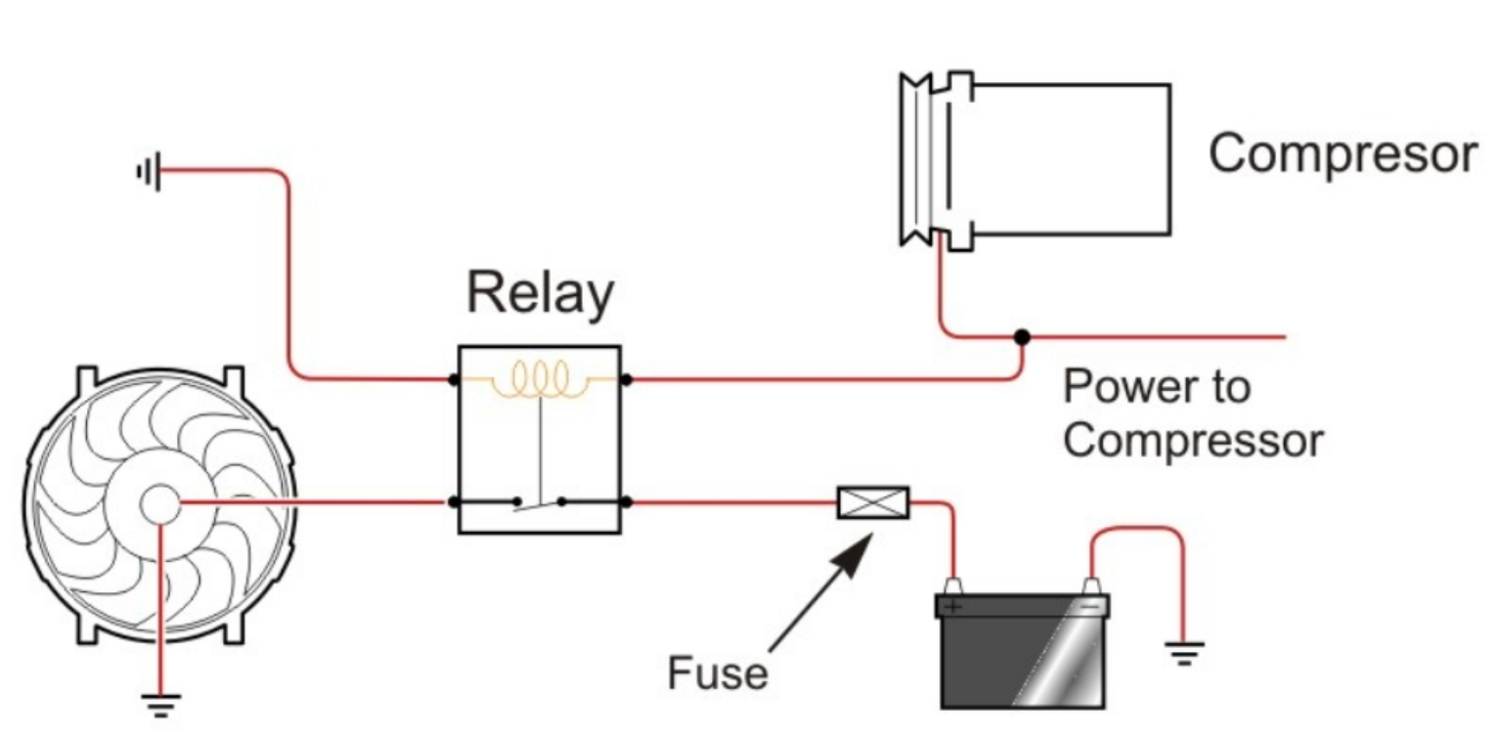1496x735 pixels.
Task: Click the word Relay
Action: click(x=540, y=293)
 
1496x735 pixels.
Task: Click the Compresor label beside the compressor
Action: click(x=1342, y=154)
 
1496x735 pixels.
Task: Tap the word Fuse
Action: click(x=716, y=673)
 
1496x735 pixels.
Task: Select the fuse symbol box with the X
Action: click(x=873, y=502)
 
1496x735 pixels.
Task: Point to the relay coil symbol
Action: click(x=540, y=379)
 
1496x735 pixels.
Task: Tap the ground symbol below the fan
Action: click(x=162, y=702)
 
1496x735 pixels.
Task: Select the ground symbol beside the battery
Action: click(x=1184, y=652)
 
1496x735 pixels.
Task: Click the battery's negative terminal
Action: click(x=1092, y=589)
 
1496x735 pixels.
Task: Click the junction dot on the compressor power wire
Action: click(x=1022, y=337)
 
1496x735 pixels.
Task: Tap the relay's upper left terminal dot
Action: click(x=455, y=378)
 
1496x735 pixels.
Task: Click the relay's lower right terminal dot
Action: click(x=626, y=502)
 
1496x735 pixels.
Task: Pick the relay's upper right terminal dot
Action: click(x=626, y=378)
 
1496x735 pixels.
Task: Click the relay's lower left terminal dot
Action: click(x=455, y=502)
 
